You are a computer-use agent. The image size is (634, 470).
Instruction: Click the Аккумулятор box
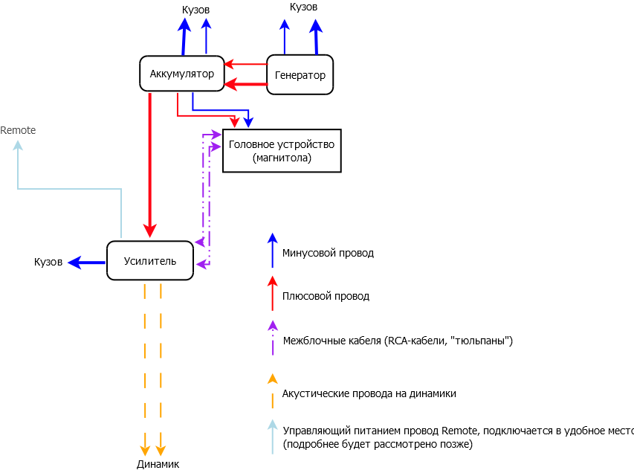[181, 74]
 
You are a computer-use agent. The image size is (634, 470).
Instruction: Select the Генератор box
[300, 75]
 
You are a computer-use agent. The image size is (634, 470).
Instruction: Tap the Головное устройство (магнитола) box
[282, 151]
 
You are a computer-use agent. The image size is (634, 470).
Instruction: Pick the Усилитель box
[149, 260]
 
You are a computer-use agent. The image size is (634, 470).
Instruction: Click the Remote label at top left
[18, 130]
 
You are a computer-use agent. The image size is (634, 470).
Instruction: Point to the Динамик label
[158, 464]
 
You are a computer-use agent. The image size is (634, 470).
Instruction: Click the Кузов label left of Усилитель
[48, 263]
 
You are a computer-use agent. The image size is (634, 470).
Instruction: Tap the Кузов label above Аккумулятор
[195, 10]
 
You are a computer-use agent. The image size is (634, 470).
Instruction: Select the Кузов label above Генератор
[303, 7]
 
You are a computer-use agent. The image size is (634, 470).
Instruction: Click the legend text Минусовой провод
[328, 253]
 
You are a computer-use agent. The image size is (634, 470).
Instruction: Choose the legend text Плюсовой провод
[326, 296]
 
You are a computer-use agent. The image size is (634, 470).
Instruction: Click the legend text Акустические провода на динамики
[369, 393]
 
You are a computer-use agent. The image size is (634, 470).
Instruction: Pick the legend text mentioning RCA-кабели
[398, 341]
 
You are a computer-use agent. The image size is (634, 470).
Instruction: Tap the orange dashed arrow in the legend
[273, 391]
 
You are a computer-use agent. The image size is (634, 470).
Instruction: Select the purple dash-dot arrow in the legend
[273, 338]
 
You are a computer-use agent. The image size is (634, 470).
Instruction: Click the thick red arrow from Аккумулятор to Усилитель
[150, 164]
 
